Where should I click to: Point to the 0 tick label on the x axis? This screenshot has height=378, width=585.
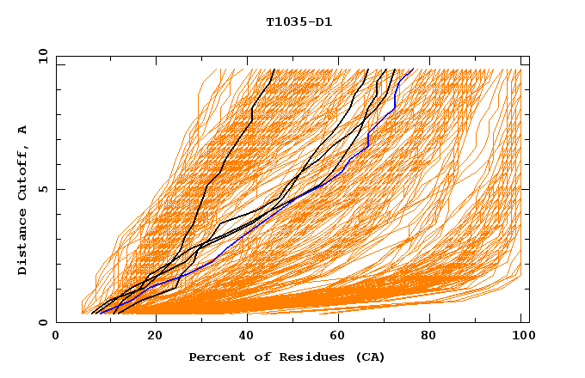56,338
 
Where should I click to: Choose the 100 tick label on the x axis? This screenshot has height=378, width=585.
520,338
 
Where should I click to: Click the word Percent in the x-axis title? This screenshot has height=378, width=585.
212,357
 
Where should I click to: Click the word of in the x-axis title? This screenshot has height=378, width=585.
254,357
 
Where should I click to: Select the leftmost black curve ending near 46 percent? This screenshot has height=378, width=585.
223,163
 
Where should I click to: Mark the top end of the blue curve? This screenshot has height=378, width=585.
412,70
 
